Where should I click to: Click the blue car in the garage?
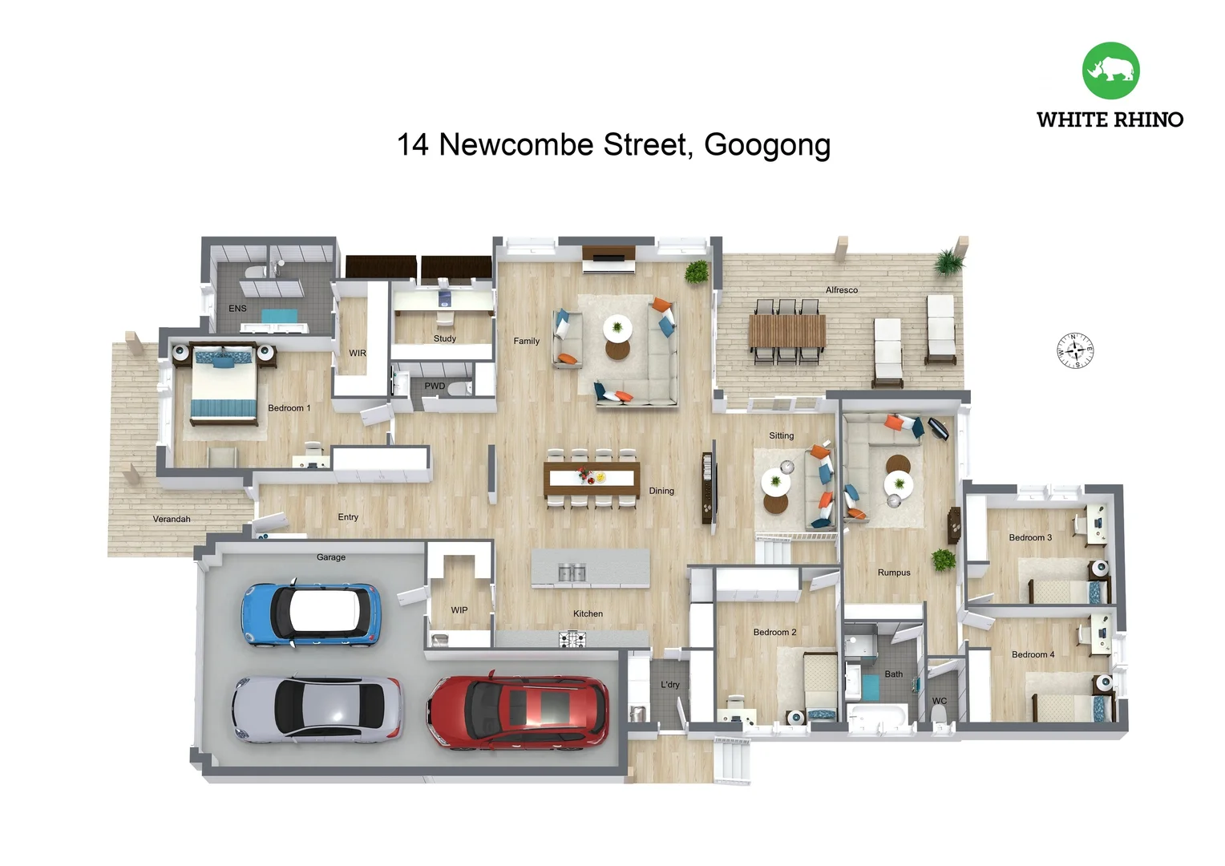311,614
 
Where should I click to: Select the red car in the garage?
517,710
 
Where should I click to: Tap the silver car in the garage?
317,708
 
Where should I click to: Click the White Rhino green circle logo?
1110,71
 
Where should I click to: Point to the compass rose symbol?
1074,350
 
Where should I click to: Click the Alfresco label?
841,290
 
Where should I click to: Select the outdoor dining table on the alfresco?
786,331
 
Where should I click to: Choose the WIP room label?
459,610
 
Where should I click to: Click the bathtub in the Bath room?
877,716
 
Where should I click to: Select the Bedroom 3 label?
1029,537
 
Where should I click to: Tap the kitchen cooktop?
572,639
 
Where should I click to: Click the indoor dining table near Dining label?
592,478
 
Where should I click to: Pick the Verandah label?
172,519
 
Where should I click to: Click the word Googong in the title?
766,145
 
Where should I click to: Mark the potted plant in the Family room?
696,272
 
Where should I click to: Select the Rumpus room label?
893,573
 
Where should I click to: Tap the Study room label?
444,338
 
